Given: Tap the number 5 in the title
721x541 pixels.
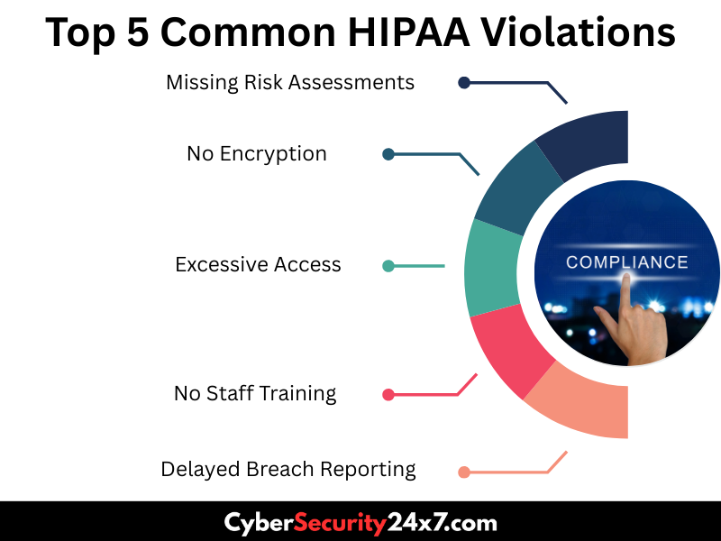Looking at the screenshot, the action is (139, 32).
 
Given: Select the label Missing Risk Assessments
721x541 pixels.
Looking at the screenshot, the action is (290, 83).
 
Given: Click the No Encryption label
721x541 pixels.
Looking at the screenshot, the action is (257, 153).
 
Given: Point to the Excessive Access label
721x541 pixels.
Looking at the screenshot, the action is (258, 264).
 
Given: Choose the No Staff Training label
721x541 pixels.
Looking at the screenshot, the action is (255, 394).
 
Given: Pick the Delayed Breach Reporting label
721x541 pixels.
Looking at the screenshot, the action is (288, 470).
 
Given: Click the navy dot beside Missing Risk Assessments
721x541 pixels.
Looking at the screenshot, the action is (464, 83).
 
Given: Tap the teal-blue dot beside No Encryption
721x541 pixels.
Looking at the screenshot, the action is (388, 154).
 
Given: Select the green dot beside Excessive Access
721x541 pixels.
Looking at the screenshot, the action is (388, 266).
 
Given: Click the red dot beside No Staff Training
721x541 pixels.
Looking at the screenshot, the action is (388, 395).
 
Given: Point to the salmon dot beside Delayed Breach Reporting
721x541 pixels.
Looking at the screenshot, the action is (464, 472).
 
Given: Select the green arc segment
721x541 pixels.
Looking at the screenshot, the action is (492, 269).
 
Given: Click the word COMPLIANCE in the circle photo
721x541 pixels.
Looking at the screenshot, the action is (626, 262).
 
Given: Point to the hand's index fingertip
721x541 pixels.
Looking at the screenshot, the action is (625, 278).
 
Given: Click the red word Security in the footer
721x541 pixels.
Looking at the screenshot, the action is (340, 524).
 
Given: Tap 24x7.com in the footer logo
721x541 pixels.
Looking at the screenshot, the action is (442, 523).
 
